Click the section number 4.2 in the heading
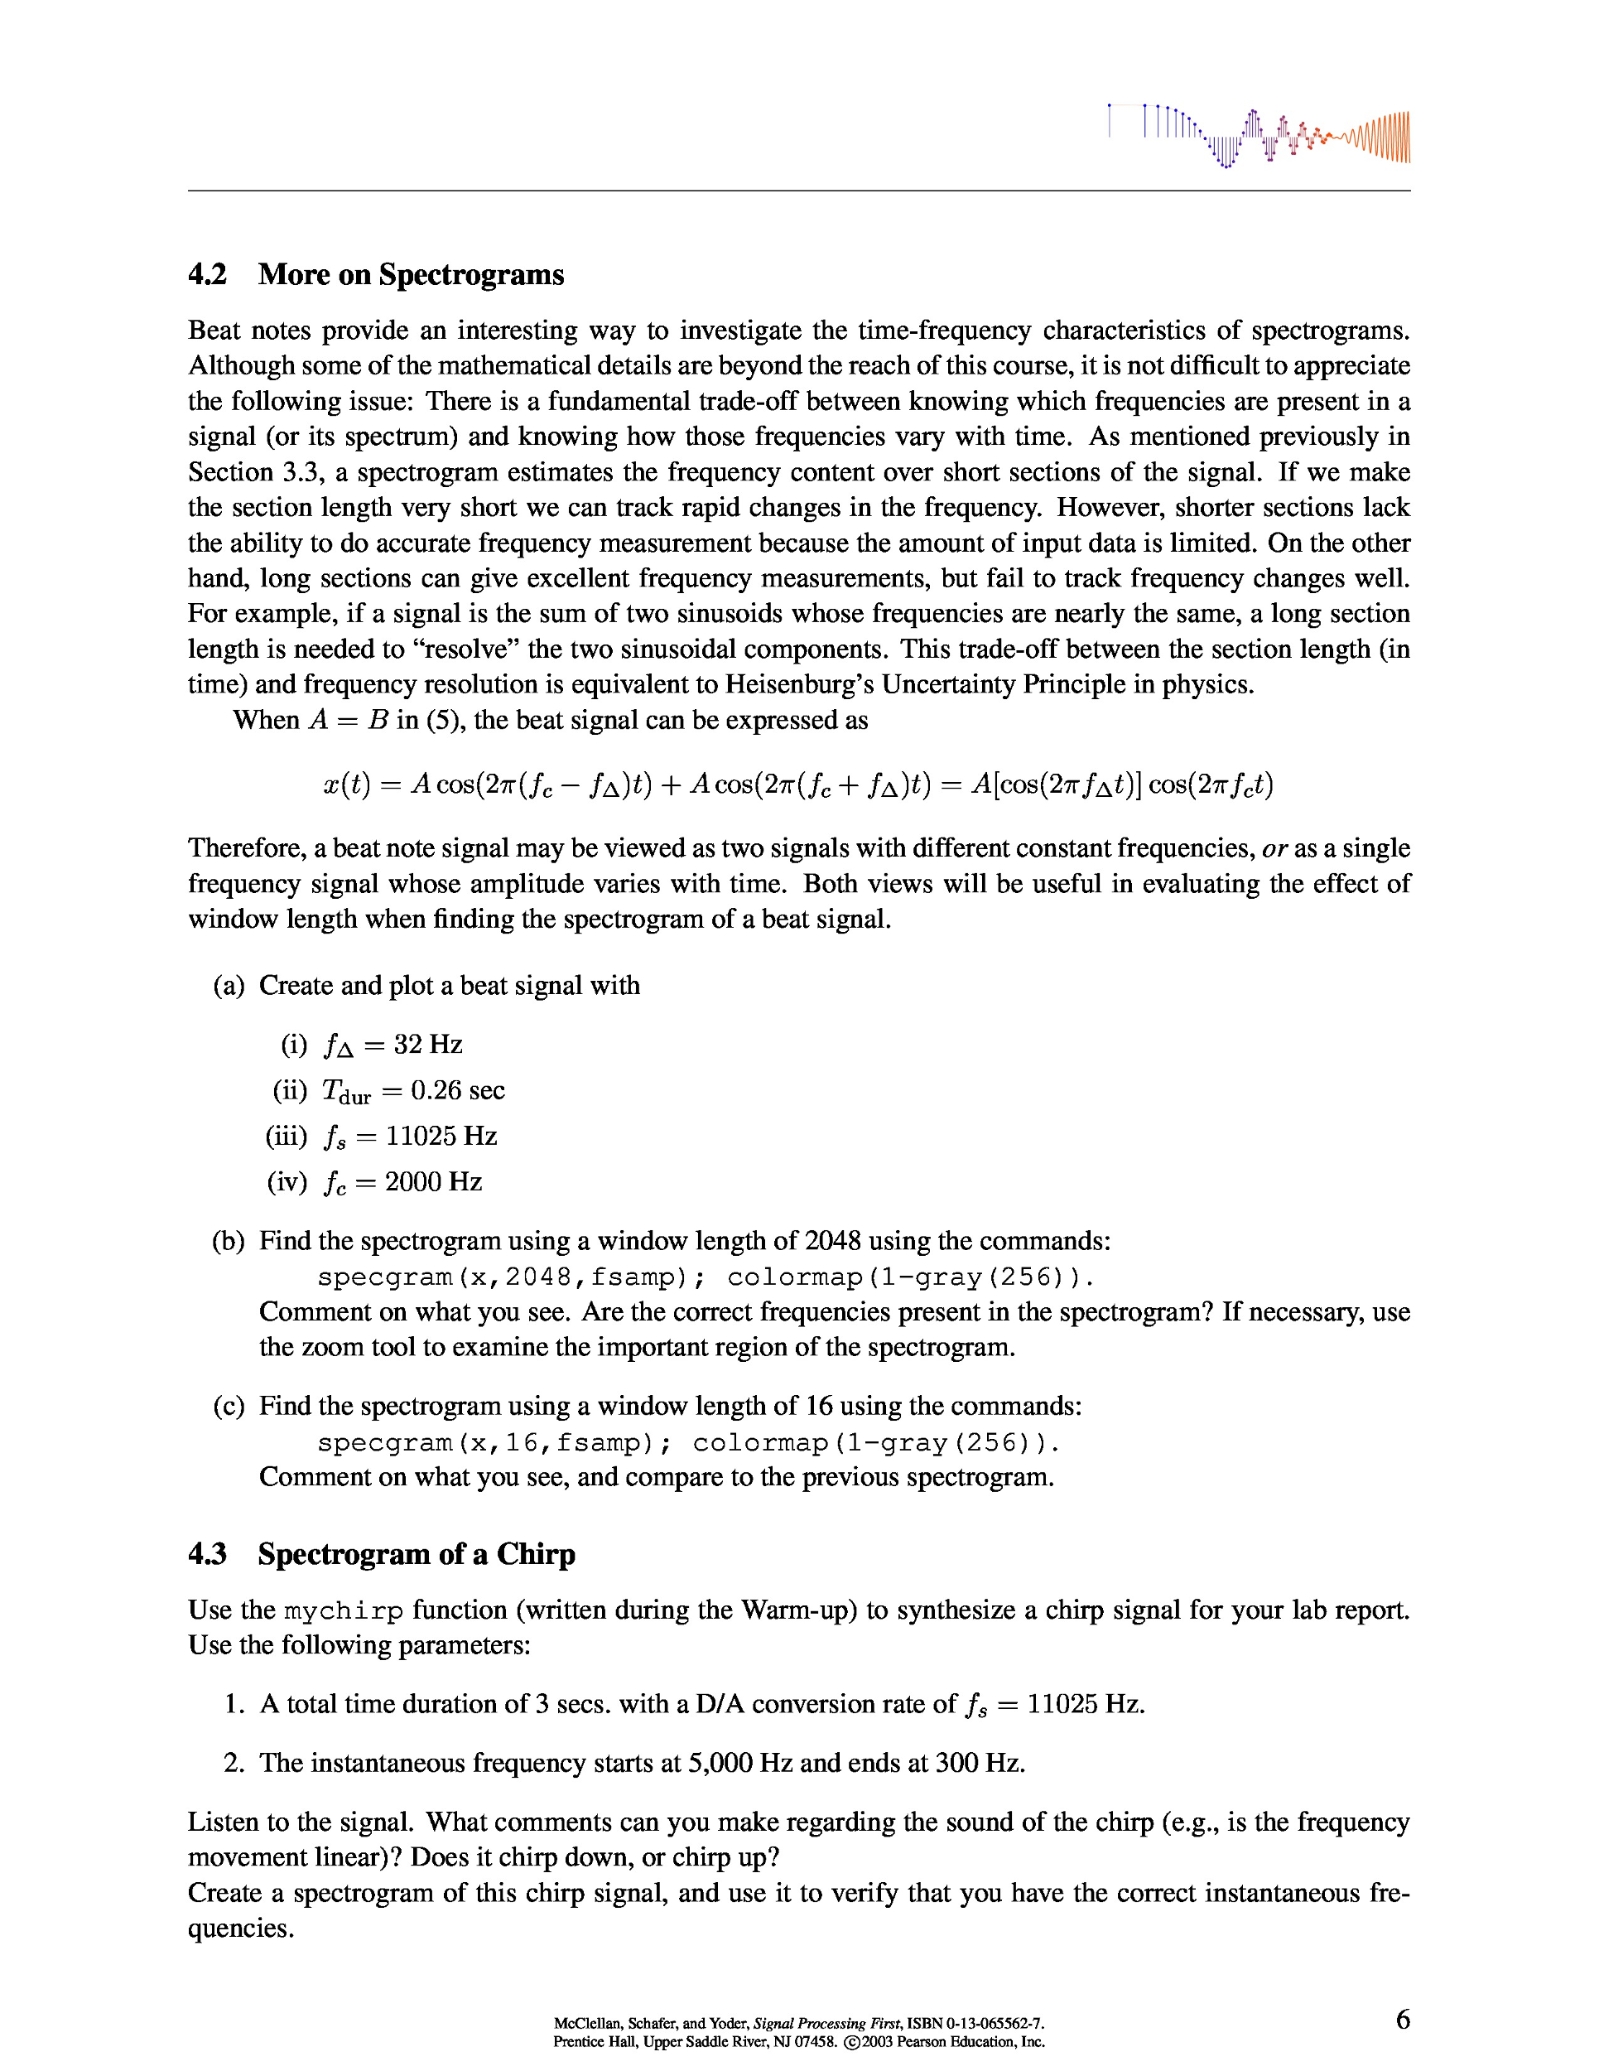208,275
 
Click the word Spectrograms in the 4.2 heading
471,275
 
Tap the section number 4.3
208,1554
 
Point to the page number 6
1403,2019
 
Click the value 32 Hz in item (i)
427,1044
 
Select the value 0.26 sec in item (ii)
458,1090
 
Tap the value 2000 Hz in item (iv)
433,1181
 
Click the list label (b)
229,1241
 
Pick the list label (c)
229,1407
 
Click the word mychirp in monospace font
344,1611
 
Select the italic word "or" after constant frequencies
1275,848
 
